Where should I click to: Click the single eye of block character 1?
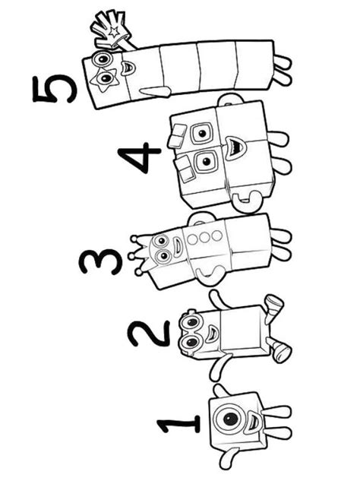coord(230,419)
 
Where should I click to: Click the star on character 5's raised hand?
coord(114,31)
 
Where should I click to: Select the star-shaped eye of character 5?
coord(103,80)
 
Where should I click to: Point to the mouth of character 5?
coord(128,68)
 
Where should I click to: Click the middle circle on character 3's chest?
coord(204,238)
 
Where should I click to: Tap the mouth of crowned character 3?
coord(177,246)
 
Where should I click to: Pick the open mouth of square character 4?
coord(235,148)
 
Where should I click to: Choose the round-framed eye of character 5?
coord(103,58)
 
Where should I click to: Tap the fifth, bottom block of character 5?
coord(255,66)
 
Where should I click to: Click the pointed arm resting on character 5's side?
coord(154,91)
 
